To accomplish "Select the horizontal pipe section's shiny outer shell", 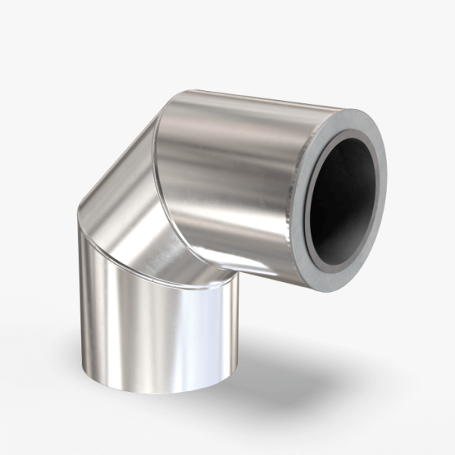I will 227,174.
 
